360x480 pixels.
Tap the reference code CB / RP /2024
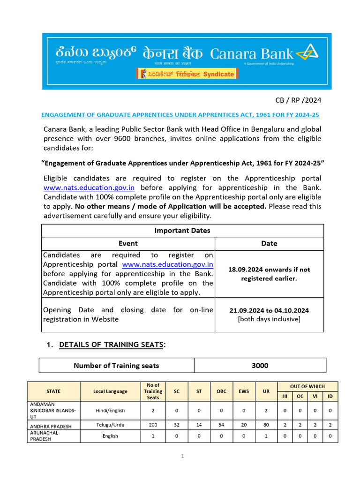click(298, 100)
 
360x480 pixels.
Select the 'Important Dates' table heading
click(182, 230)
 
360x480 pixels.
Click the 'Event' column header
click(128, 243)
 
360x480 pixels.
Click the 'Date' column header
click(269, 243)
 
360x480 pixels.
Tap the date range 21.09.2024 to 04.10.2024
click(269, 310)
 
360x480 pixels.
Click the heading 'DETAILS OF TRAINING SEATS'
click(112, 345)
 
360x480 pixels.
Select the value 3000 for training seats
click(260, 366)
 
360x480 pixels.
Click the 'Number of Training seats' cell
click(116, 366)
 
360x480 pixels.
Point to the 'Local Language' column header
click(110, 391)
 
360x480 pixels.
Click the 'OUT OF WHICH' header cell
click(307, 386)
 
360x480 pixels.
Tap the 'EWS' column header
click(243, 391)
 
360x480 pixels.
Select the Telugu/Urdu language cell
click(110, 425)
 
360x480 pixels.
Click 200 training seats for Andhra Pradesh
click(153, 425)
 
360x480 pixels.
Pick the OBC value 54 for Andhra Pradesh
click(221, 425)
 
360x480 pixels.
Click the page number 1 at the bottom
click(182, 456)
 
